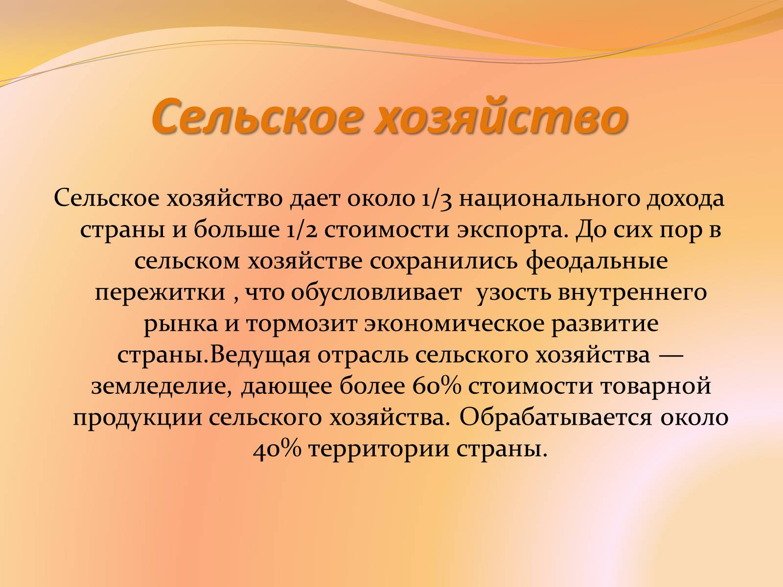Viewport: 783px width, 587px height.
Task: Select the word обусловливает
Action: pos(376,292)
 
